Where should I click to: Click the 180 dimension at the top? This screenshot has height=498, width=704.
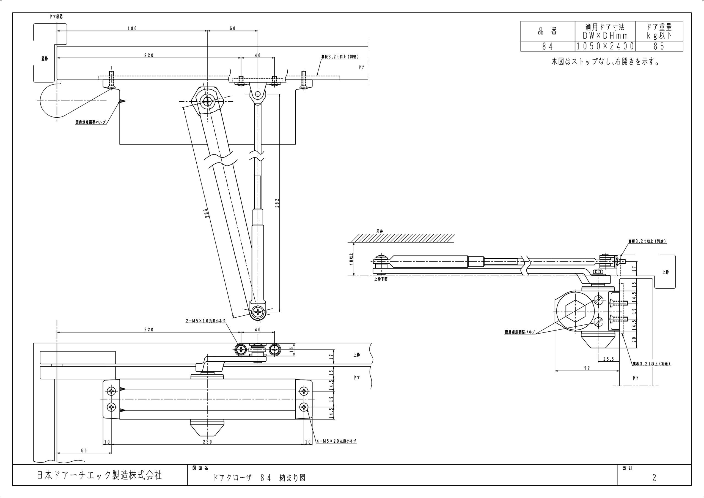tap(132, 29)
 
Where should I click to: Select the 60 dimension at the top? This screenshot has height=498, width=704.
tap(232, 29)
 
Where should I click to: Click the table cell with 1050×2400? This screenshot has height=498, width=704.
tap(605, 46)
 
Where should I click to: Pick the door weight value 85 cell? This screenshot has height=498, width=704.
tap(659, 46)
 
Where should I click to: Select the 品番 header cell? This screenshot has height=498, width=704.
tap(547, 31)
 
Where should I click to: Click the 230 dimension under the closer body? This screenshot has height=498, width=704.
tap(208, 442)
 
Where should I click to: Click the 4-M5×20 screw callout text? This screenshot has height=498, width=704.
tap(336, 441)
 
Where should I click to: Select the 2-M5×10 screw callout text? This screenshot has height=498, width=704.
tap(205, 321)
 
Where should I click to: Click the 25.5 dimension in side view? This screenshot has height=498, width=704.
tap(608, 359)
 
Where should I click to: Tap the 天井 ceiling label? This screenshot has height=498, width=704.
tap(380, 231)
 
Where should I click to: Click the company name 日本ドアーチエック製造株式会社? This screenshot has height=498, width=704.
tap(99, 476)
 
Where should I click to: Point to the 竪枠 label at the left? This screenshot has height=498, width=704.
tap(45, 59)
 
